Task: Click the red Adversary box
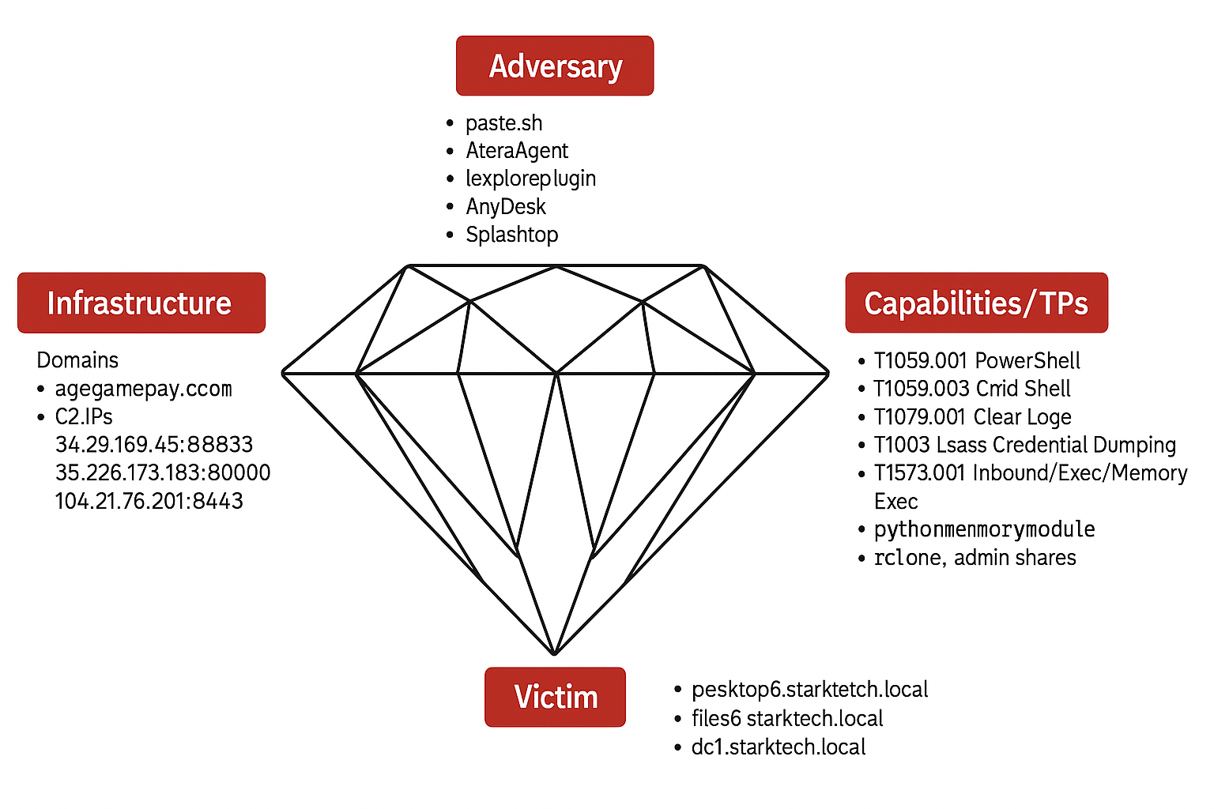pos(555,66)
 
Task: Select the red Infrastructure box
pos(141,303)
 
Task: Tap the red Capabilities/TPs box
pos(976,303)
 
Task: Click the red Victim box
pos(555,697)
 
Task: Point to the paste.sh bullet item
pos(503,123)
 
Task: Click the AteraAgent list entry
pos(517,151)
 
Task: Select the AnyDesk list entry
pos(506,207)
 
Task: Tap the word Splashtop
pos(512,235)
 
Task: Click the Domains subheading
pos(77,360)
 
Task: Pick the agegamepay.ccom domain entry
pos(143,389)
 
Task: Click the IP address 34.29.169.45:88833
pos(154,445)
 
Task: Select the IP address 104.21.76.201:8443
pos(149,501)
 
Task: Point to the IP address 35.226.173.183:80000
pos(163,472)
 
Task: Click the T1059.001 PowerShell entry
pos(977,361)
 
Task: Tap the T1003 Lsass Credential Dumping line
pos(1024,445)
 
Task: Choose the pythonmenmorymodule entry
pos(984,529)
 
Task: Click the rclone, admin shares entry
pos(975,558)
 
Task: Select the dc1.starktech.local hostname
pos(779,747)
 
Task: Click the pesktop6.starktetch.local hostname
pos(809,690)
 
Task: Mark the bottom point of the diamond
pos(555,654)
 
